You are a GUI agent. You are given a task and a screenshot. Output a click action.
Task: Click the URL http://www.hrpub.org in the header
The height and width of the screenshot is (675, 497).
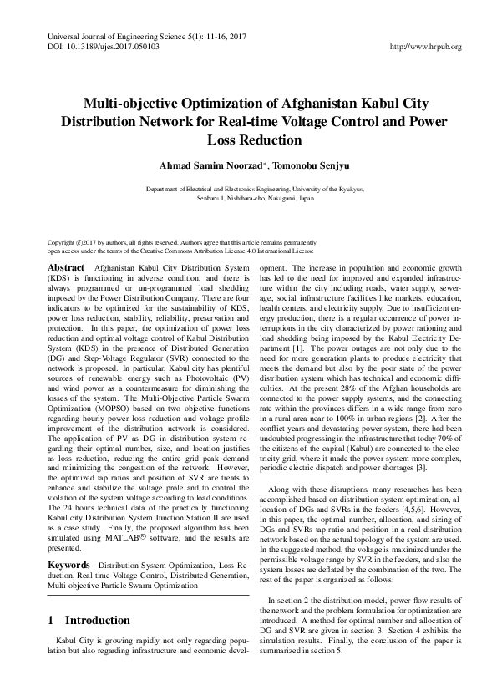click(x=426, y=48)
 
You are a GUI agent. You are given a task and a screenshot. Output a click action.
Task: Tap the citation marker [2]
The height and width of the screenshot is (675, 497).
click(x=424, y=439)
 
